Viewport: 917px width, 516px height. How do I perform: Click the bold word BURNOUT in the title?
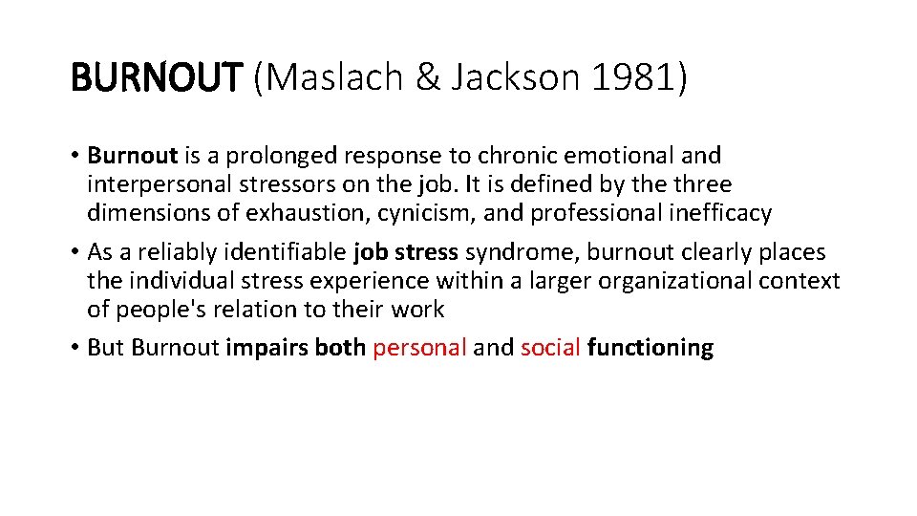point(158,78)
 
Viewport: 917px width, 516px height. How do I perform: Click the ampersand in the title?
point(427,78)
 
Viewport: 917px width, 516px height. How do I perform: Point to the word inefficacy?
point(721,212)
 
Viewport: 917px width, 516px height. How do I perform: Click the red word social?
point(551,347)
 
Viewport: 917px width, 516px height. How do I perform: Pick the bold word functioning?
point(650,347)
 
